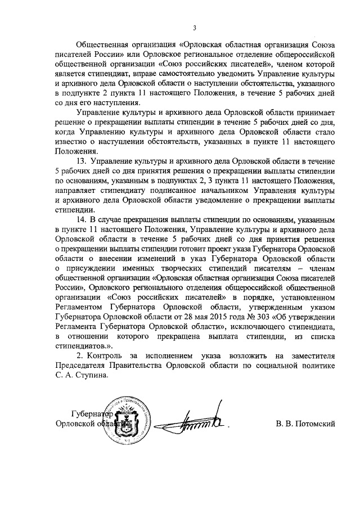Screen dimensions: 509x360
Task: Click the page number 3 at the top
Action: pos(195,28)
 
